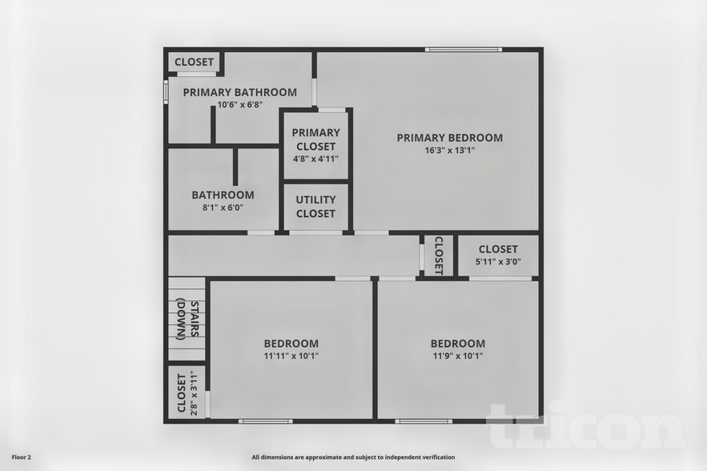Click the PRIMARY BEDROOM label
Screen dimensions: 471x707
[449, 138]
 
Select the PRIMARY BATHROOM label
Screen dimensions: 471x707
[239, 92]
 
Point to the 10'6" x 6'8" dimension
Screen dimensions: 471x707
[239, 105]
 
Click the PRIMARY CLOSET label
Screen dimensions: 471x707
[315, 139]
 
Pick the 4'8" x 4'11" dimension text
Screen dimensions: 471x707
[315, 159]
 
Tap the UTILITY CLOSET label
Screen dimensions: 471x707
[315, 207]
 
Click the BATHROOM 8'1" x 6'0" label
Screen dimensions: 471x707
[223, 200]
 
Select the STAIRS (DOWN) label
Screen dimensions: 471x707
[187, 319]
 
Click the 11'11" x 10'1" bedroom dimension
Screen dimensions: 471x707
[291, 356]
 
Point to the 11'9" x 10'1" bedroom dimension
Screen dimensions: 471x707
[457, 356]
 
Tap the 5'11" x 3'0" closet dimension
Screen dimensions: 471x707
[497, 261]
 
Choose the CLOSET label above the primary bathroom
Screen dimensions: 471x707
[194, 62]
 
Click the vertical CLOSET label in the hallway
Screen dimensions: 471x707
[439, 256]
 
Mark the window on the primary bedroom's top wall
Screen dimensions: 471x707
[464, 50]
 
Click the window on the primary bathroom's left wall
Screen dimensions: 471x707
[166, 90]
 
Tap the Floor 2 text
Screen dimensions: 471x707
[21, 457]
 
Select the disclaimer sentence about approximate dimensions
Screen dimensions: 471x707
[353, 457]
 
